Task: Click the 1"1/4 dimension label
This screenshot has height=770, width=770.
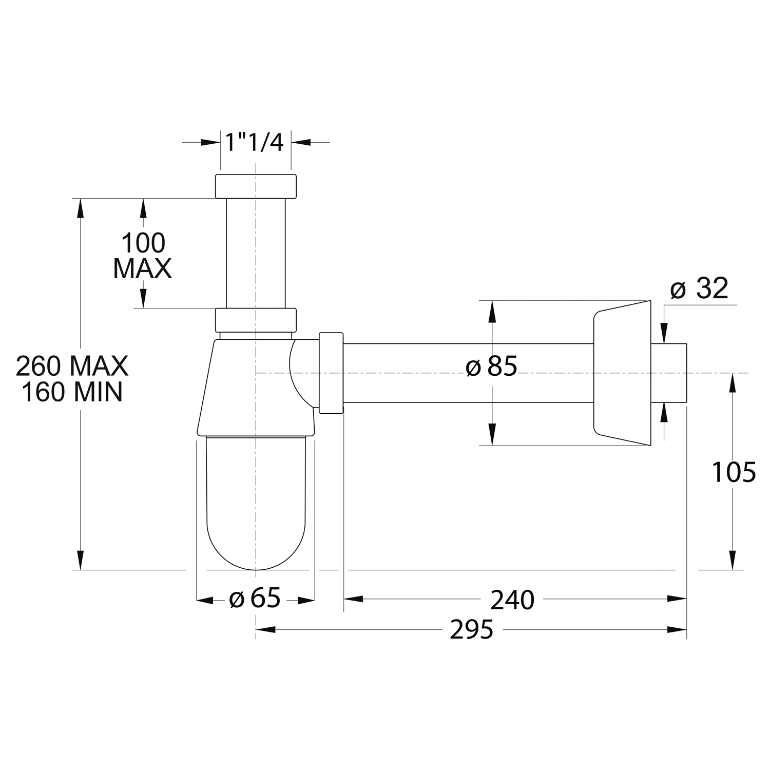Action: pyautogui.click(x=255, y=142)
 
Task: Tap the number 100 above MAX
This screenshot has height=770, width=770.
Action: pyautogui.click(x=143, y=243)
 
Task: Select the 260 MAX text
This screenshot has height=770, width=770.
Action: pyautogui.click(x=72, y=366)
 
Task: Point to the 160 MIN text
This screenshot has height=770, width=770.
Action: pyautogui.click(x=72, y=392)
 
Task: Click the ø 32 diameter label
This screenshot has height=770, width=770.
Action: pyautogui.click(x=699, y=288)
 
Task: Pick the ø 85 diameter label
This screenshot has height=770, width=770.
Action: pyautogui.click(x=491, y=367)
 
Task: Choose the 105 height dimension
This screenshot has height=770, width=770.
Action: pyautogui.click(x=734, y=472)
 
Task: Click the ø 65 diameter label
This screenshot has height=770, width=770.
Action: pyautogui.click(x=255, y=599)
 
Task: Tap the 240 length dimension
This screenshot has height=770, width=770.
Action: pyautogui.click(x=512, y=600)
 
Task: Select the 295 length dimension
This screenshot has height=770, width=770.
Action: pyautogui.click(x=471, y=630)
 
